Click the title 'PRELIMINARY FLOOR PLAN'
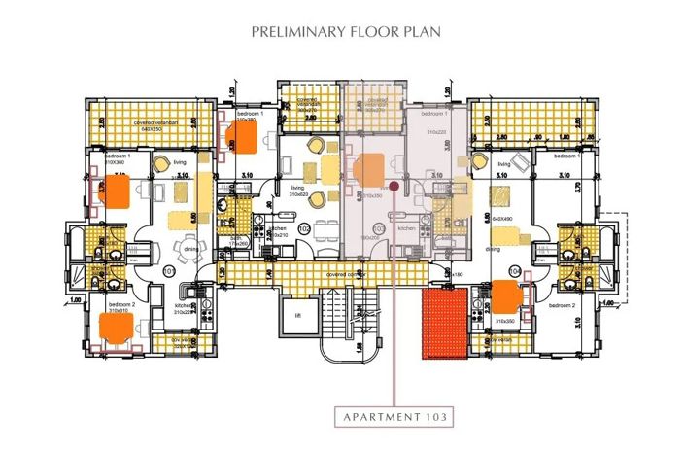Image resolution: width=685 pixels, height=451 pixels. pyautogui.click(x=346, y=31)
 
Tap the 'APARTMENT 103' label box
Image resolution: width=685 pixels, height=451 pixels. pyautogui.click(x=394, y=418)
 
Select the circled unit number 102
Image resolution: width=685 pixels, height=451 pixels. pyautogui.click(x=304, y=228)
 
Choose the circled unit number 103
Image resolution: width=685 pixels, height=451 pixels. pyautogui.click(x=378, y=228)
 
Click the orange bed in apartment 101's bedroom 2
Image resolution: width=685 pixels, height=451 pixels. pyautogui.click(x=118, y=328)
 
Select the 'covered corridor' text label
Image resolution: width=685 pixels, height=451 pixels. pyautogui.click(x=346, y=275)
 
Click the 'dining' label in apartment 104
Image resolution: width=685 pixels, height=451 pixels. pyautogui.click(x=494, y=249)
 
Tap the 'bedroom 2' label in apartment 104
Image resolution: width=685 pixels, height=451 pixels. pyautogui.click(x=562, y=305)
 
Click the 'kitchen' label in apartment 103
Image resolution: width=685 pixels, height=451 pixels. pyautogui.click(x=407, y=227)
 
